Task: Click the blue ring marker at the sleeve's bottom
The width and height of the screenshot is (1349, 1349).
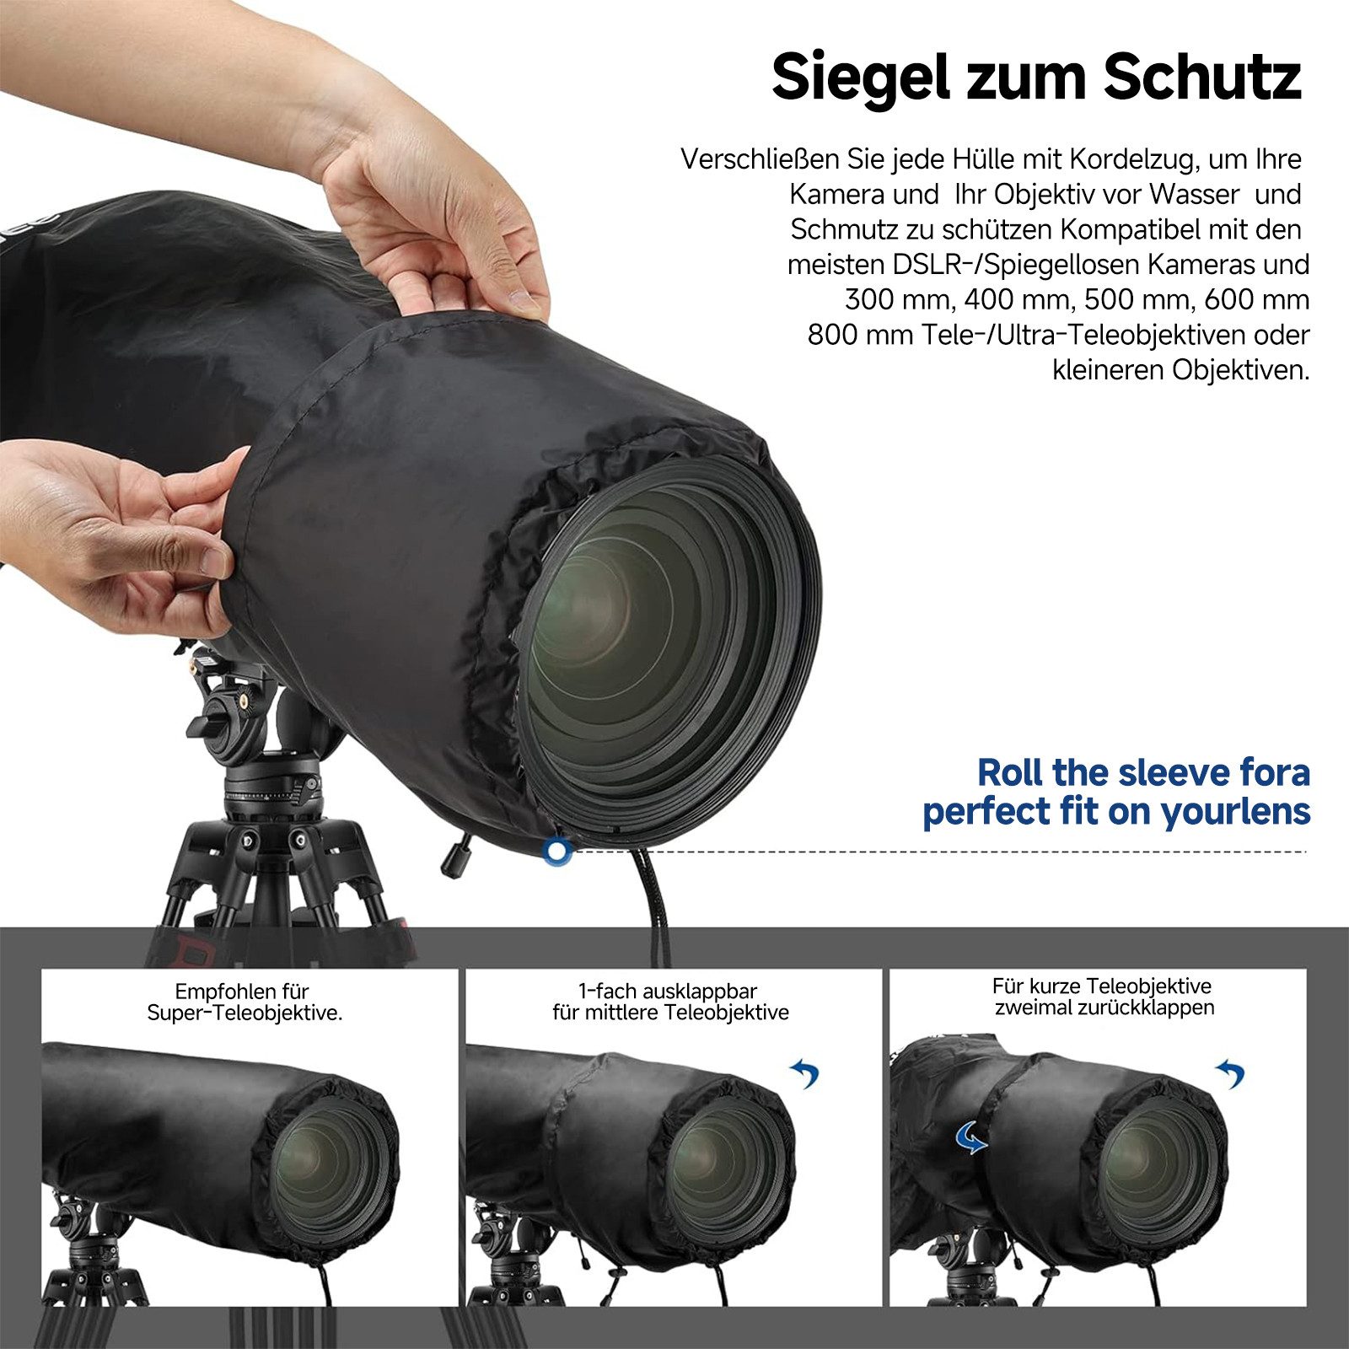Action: click(556, 852)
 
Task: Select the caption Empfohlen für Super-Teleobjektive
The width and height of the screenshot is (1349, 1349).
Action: click(245, 1002)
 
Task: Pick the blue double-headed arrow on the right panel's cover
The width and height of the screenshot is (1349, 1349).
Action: click(971, 1138)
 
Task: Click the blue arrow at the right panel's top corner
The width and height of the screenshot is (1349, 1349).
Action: click(1230, 1073)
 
